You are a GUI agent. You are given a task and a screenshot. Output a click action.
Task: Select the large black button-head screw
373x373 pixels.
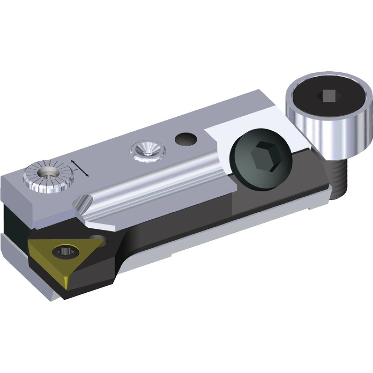(258, 158)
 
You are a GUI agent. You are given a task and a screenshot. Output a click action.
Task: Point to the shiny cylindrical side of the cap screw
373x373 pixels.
(328, 134)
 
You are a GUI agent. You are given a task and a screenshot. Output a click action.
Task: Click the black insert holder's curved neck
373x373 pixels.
(129, 246)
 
